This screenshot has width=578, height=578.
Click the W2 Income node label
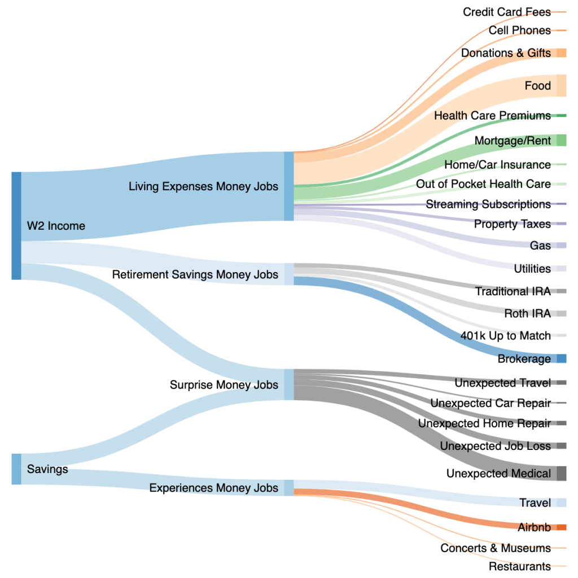(56, 226)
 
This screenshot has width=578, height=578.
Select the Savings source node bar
(16, 468)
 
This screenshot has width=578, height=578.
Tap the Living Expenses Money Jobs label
(203, 186)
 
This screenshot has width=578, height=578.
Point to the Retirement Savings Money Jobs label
(195, 274)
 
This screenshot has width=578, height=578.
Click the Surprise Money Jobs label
(224, 384)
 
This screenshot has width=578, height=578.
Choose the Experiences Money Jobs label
(213, 488)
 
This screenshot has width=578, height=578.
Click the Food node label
(537, 86)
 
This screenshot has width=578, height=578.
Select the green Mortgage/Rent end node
(561, 140)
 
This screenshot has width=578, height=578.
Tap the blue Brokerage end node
(561, 358)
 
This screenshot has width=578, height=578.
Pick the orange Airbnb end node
(561, 527)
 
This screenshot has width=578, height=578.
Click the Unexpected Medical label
(498, 473)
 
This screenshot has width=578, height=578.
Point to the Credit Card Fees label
(506, 12)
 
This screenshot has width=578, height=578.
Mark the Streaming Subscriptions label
(488, 204)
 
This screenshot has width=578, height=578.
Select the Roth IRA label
(527, 313)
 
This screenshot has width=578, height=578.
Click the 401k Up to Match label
(505, 335)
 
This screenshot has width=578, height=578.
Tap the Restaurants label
(519, 566)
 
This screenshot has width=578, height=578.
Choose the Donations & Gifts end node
(561, 53)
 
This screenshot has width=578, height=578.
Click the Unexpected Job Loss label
(495, 446)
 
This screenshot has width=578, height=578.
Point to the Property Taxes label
(512, 224)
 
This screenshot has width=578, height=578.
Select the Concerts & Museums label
(495, 548)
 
